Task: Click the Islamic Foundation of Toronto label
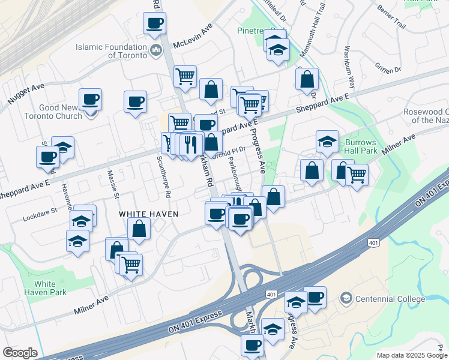(111, 51)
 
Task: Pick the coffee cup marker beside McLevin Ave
(154, 23)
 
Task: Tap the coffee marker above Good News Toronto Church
(90, 100)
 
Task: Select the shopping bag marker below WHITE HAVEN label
(139, 229)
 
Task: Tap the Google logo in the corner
(20, 353)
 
